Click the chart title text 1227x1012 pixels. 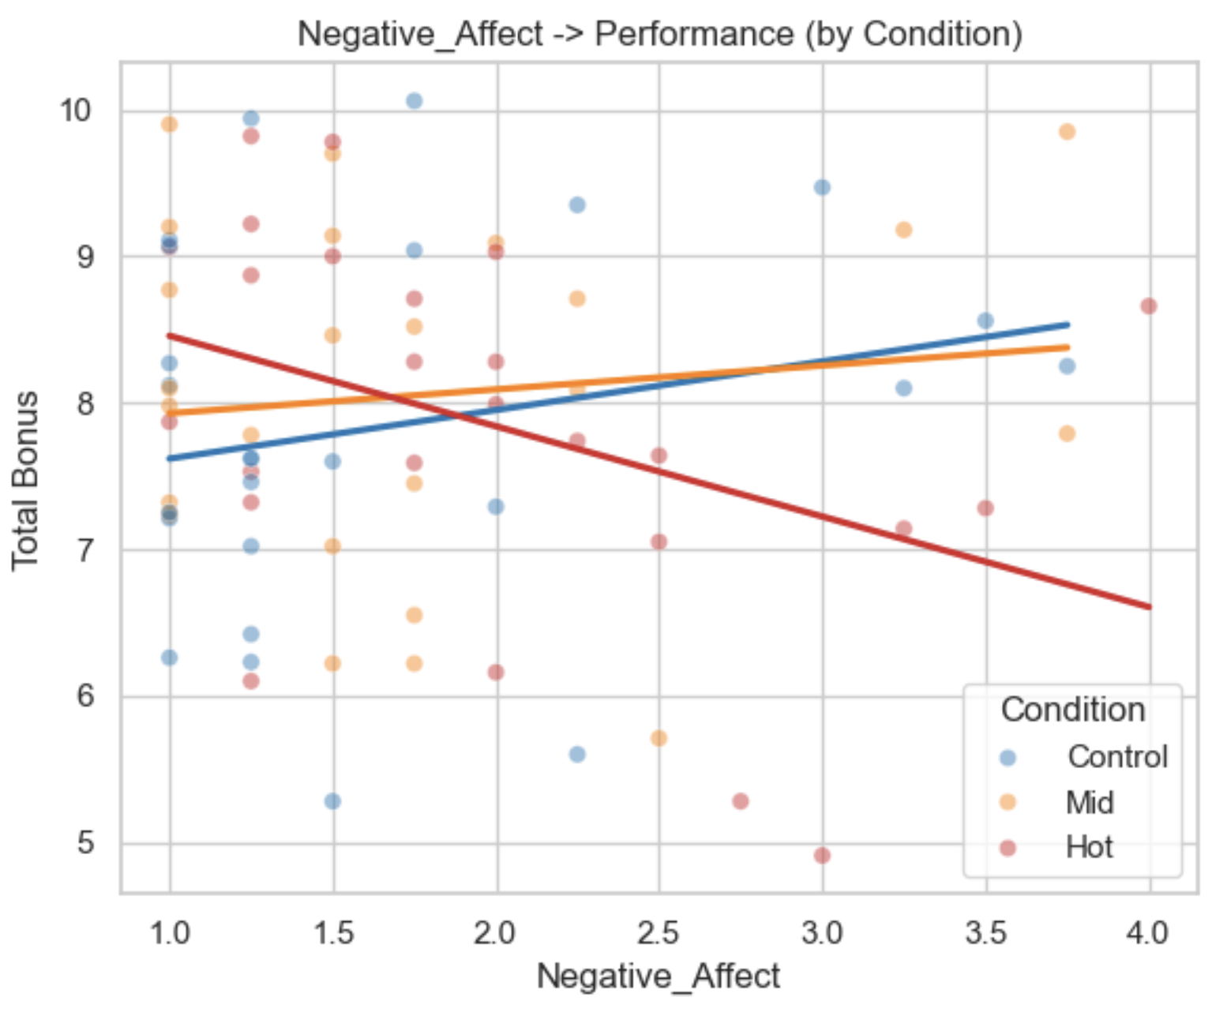pyautogui.click(x=659, y=34)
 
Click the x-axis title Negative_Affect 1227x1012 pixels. pyautogui.click(x=659, y=976)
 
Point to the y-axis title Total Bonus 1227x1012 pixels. pyautogui.click(x=25, y=480)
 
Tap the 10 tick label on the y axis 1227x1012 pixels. pyautogui.click(x=77, y=110)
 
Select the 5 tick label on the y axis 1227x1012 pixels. pyautogui.click(x=85, y=843)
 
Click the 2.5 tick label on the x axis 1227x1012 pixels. pyautogui.click(x=659, y=933)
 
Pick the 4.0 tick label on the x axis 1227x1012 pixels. pyautogui.click(x=1150, y=933)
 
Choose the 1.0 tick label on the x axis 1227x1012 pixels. pyautogui.click(x=170, y=933)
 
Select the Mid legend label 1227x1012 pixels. pyautogui.click(x=1090, y=802)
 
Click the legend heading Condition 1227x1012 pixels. pyautogui.click(x=1073, y=710)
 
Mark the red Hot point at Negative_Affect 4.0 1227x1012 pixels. pyautogui.click(x=1149, y=306)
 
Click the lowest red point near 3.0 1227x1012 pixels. pyautogui.click(x=822, y=855)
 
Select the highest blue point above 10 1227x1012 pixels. pyautogui.click(x=415, y=100)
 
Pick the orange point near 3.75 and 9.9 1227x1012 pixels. pyautogui.click(x=1068, y=132)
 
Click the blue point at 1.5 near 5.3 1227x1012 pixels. pyautogui.click(x=332, y=801)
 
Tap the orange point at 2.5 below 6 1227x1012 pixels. pyautogui.click(x=659, y=738)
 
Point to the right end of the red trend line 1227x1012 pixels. pyautogui.click(x=1150, y=607)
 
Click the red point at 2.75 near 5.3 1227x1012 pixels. pyautogui.click(x=741, y=801)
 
